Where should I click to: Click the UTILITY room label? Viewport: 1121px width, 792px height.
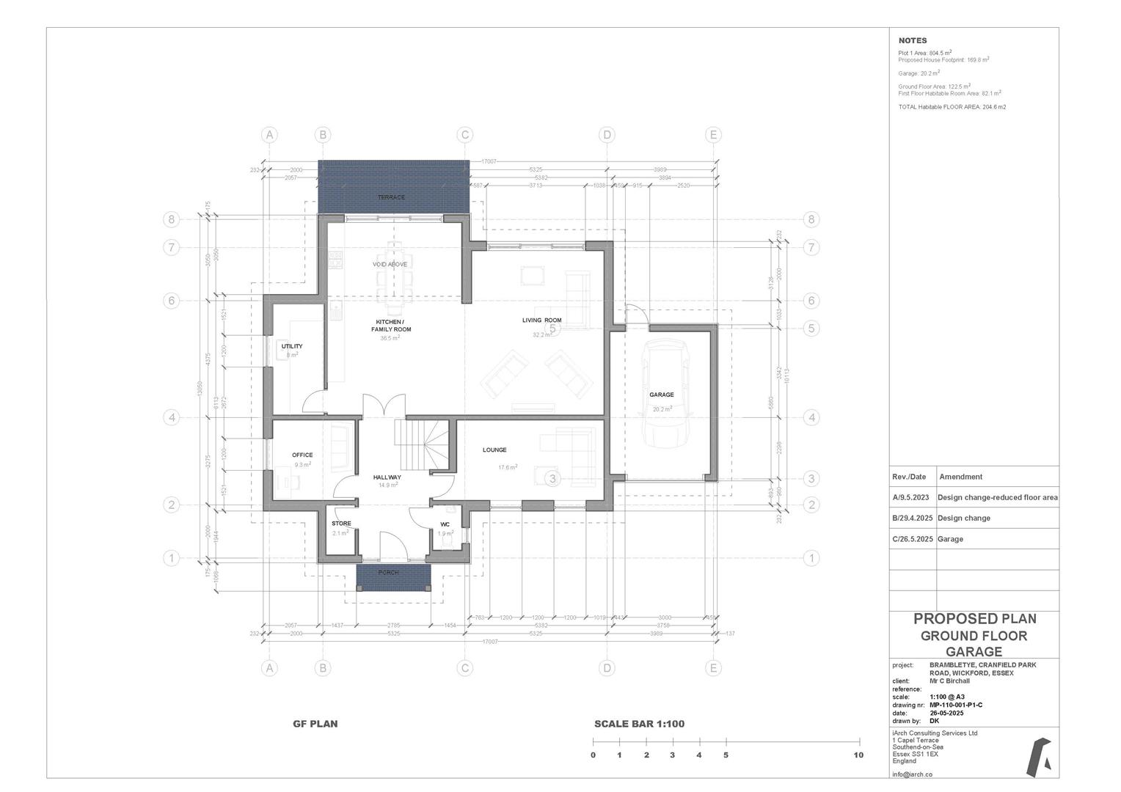292,346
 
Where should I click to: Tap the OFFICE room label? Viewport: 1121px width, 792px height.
302,455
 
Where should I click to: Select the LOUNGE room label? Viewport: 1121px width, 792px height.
494,450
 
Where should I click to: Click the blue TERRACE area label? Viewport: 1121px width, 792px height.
391,197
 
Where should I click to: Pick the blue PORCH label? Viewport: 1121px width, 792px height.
389,573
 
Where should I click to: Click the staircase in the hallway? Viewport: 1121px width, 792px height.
425,443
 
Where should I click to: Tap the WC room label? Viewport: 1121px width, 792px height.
445,524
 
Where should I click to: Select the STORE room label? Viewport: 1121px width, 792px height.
341,524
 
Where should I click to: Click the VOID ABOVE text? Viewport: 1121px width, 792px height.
390,264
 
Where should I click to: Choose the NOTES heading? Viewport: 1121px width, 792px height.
913,41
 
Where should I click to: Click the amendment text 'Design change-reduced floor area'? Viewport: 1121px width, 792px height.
997,497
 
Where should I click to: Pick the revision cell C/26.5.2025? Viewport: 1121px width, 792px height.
913,539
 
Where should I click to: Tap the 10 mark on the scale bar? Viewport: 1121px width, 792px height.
858,755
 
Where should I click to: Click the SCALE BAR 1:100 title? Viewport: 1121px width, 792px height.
639,724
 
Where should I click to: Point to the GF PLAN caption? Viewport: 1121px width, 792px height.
315,724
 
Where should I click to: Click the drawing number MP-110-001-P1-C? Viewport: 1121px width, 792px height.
955,705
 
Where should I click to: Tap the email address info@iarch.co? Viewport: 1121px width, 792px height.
912,774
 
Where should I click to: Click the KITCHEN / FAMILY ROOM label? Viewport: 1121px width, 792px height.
390,326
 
